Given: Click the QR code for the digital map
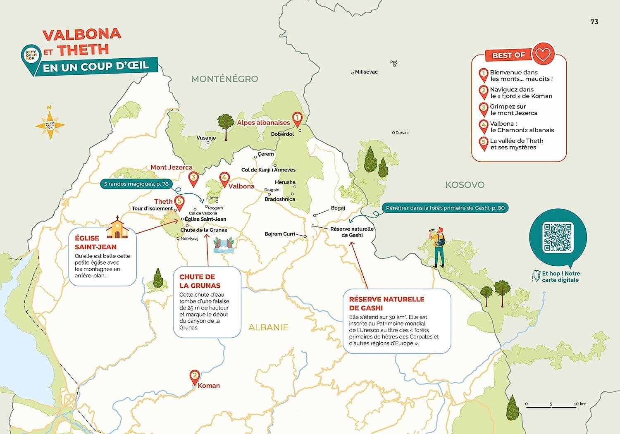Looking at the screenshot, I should tap(558, 237).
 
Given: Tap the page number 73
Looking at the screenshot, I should tap(594, 22).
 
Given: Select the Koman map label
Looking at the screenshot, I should tap(209, 386).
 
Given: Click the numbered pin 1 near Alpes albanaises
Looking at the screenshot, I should tap(297, 119).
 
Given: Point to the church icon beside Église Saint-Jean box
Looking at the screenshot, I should tap(117, 228).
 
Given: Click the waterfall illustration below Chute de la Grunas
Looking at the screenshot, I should tap(224, 245).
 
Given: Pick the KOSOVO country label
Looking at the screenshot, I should tap(465, 185).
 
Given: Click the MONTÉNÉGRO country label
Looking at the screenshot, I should tap(224, 79).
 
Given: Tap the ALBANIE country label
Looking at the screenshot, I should tap(268, 327).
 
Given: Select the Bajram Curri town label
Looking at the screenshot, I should tap(280, 234).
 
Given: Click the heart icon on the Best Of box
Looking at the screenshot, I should tap(543, 54).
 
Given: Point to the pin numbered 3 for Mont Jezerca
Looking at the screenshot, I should tap(193, 178).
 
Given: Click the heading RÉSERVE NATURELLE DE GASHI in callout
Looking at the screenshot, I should tap(386, 303).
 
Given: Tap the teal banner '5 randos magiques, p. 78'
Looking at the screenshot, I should tap(136, 184).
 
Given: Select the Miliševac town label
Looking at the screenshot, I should tap(366, 72).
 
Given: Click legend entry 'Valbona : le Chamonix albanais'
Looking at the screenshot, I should tap(522, 127).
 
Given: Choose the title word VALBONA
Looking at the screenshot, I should tap(82, 34).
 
